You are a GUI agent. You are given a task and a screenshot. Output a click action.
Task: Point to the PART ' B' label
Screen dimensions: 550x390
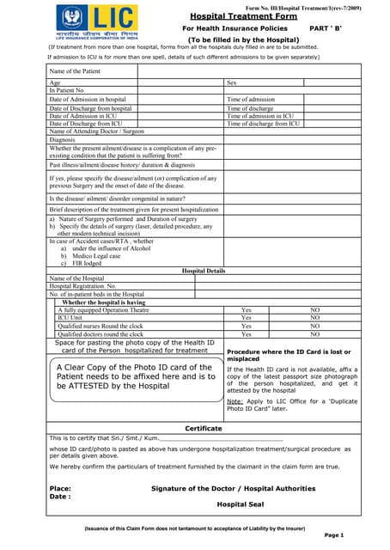pos(327,28)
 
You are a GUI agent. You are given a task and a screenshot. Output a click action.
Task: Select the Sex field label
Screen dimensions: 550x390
pos(231,82)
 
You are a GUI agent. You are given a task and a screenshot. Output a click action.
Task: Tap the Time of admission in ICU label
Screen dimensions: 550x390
pos(260,116)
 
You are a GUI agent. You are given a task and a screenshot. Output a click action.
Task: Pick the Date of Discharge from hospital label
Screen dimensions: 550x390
pos(90,109)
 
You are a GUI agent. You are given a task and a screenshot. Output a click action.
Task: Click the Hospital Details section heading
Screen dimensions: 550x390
pos(204,270)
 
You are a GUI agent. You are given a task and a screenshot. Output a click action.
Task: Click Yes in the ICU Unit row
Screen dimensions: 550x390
pos(247,318)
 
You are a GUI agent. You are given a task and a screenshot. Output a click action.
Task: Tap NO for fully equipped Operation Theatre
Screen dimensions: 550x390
pos(314,309)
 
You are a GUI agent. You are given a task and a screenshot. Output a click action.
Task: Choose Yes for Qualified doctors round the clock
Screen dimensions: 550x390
pos(247,334)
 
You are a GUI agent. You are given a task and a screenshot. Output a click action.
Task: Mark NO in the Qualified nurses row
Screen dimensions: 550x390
pos(314,326)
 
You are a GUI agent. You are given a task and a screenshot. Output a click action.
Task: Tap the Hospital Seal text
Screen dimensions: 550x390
pos(238,504)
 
